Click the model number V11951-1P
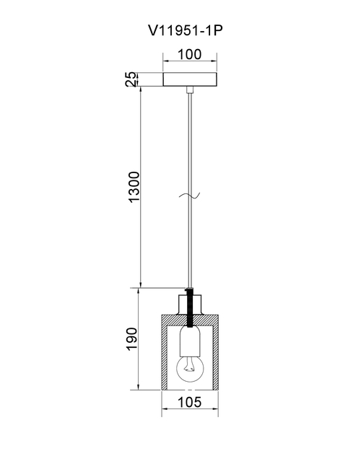click(186, 30)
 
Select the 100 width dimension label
click(190, 54)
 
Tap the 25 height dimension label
click(131, 79)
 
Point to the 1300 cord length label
click(134, 187)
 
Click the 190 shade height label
click(132, 339)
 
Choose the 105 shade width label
click(190, 402)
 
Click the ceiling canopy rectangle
click(190, 79)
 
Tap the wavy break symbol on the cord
click(189, 196)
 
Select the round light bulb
click(190, 368)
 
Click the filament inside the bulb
click(188, 365)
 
